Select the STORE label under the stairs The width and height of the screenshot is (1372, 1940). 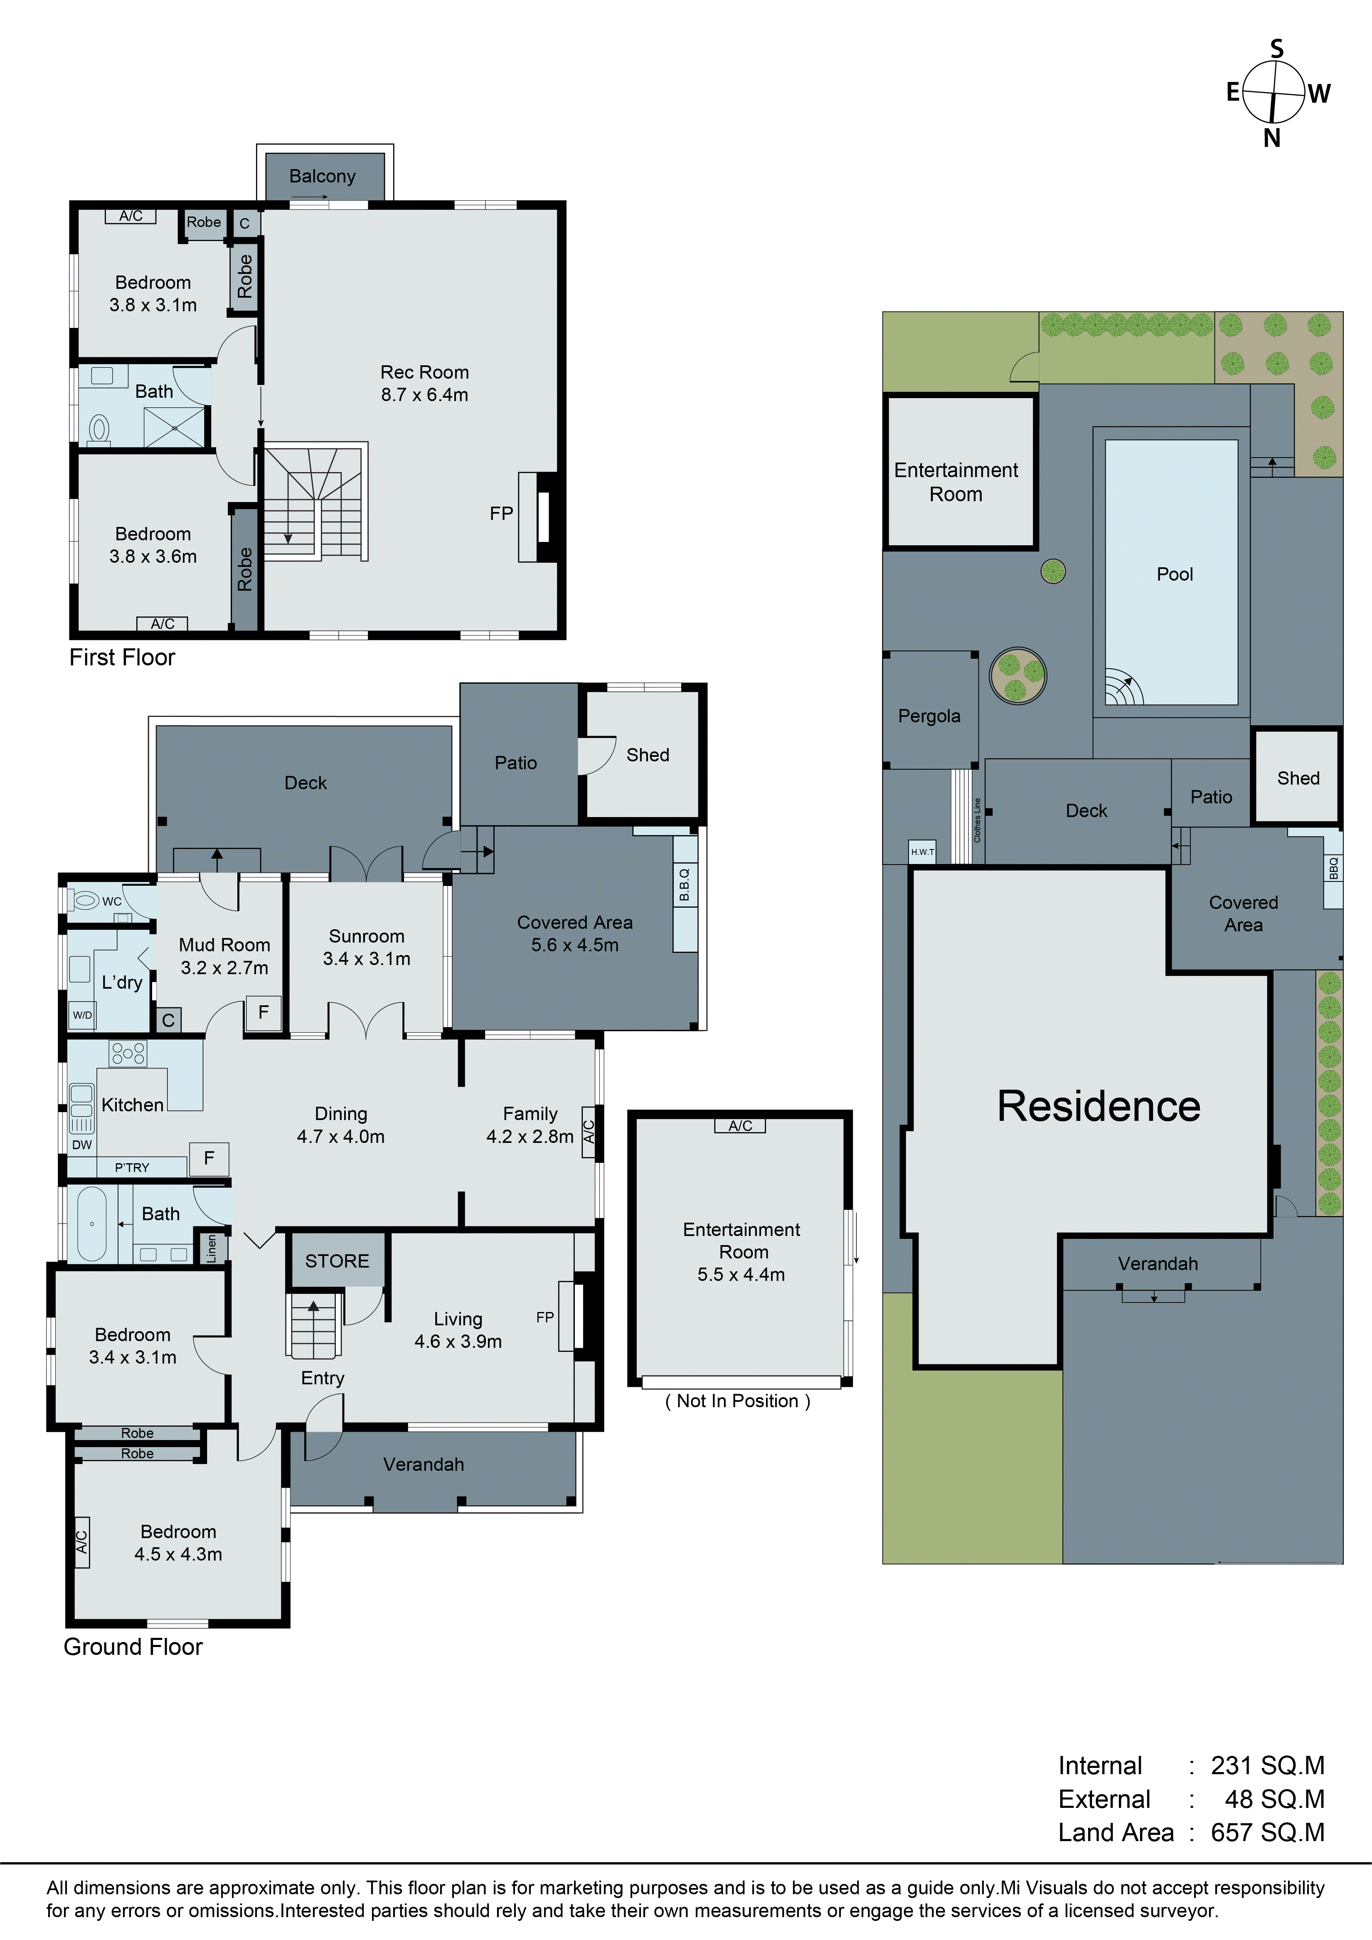337,1261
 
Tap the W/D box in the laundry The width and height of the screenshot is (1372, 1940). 82,1015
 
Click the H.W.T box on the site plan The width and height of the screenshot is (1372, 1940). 923,852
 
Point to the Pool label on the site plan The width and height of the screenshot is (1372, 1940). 1174,575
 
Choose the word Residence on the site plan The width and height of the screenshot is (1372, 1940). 1098,1106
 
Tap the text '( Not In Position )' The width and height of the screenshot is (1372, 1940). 737,1401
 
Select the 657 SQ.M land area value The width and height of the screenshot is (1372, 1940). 1267,1832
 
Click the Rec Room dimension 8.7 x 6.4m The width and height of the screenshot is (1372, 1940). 424,394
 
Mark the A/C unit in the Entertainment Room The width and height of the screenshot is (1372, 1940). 740,1125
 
